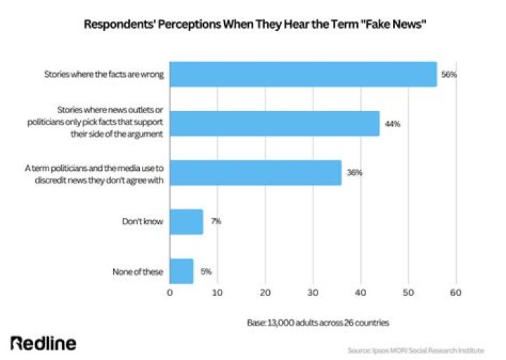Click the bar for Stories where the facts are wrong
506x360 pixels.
point(303,74)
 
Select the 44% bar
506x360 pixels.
point(274,123)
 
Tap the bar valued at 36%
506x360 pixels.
point(255,172)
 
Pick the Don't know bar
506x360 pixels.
point(186,221)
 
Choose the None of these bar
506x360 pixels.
point(181,271)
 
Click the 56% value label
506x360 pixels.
point(448,74)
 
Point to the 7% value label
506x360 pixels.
point(216,221)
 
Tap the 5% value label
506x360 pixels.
point(206,271)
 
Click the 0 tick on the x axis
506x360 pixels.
point(170,292)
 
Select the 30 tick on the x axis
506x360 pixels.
point(313,292)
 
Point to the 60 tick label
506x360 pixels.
point(455,292)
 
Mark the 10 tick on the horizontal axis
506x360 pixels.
point(218,292)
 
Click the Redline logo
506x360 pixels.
point(44,343)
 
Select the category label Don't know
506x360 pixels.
point(143,221)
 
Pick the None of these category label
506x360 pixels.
point(138,271)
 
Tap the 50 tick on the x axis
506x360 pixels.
point(408,292)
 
